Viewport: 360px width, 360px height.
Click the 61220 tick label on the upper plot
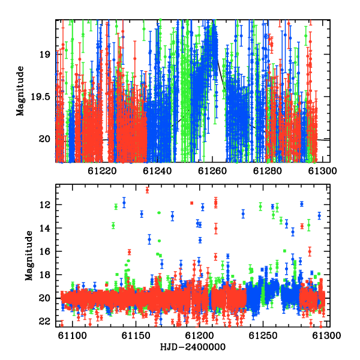(102, 171)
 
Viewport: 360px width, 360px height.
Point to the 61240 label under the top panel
(157, 171)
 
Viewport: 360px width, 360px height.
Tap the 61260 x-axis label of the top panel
(212, 171)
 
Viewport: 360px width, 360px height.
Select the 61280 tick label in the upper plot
(267, 171)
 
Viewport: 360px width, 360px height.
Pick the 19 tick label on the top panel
(44, 55)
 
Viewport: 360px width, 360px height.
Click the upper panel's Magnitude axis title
(20, 91)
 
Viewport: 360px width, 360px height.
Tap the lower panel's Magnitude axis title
(29, 256)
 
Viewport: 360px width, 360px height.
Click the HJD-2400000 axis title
(193, 347)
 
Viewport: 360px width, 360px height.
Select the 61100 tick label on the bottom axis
(73, 335)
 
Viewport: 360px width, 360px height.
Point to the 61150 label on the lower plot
(136, 335)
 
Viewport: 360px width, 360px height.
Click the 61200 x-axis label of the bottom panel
(200, 335)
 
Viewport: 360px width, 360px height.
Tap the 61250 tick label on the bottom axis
(263, 335)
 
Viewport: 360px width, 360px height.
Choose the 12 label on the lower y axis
(44, 205)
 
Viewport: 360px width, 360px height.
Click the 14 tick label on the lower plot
(44, 228)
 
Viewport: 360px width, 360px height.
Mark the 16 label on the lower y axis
(44, 251)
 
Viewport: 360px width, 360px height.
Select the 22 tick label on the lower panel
(44, 322)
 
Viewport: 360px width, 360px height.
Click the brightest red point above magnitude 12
(147, 190)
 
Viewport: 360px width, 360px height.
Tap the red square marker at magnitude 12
(192, 203)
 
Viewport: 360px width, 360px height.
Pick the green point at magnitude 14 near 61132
(113, 226)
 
